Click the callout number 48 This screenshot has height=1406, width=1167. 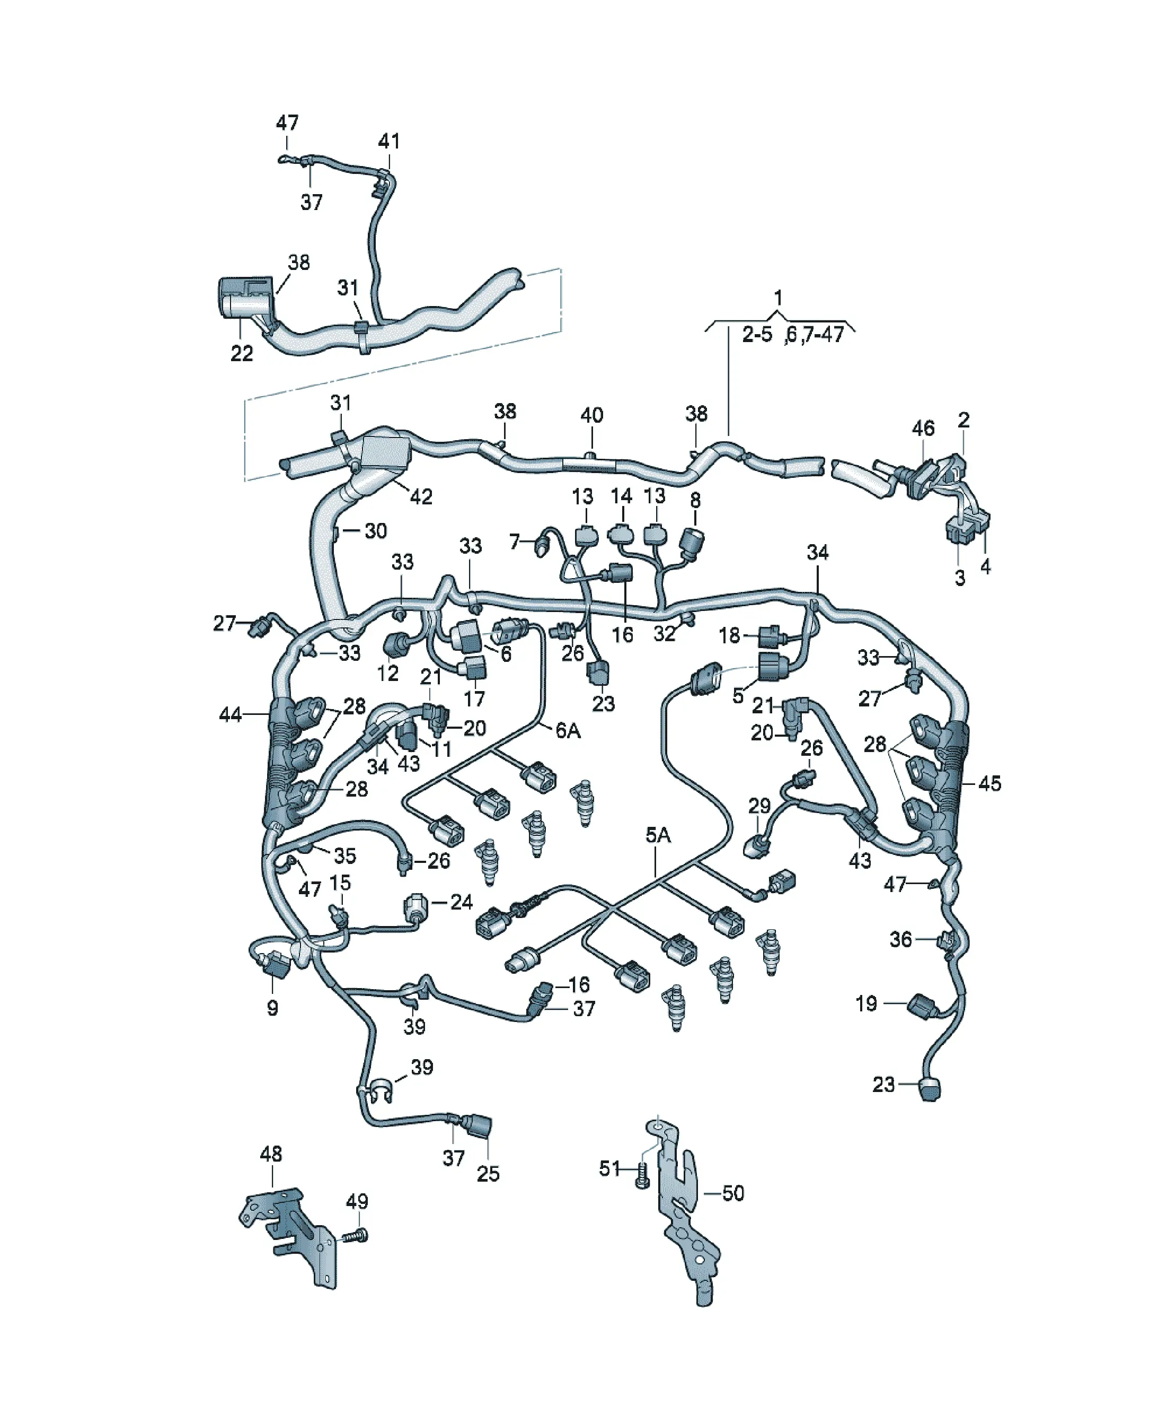click(271, 1154)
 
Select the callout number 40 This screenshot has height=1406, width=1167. click(591, 415)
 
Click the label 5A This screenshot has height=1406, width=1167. click(658, 835)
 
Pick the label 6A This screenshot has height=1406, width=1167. click(568, 730)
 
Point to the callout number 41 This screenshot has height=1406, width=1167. click(389, 141)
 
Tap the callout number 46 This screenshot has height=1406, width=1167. click(923, 428)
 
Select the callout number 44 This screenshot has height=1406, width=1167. click(231, 715)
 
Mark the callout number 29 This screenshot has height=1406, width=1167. click(759, 806)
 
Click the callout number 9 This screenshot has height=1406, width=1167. click(272, 1008)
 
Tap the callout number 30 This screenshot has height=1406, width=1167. click(375, 530)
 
